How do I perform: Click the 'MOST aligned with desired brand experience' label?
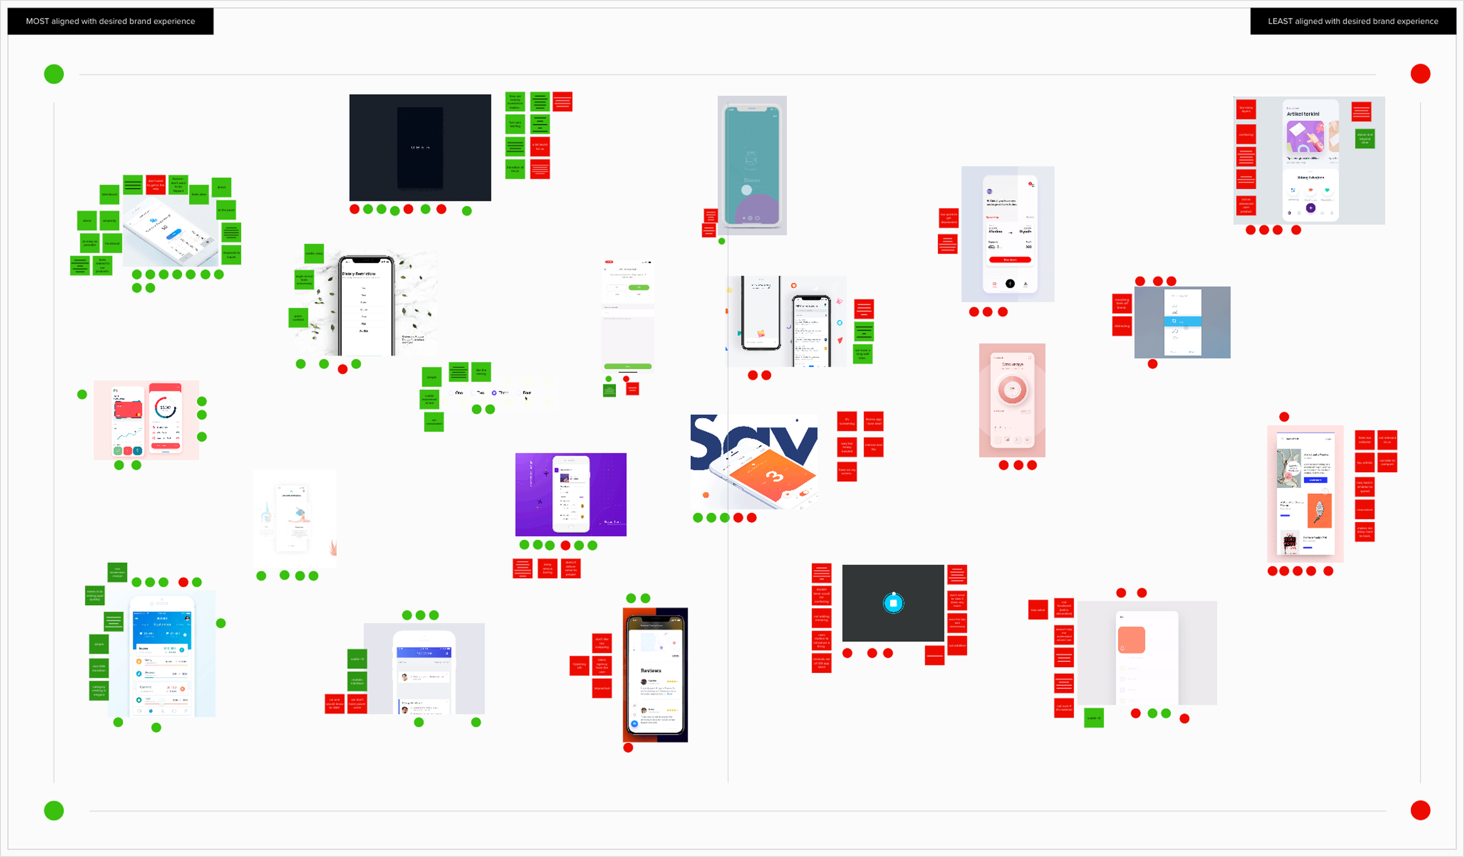click(x=110, y=21)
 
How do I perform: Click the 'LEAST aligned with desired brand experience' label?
click(x=1353, y=21)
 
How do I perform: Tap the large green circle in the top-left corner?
click(x=54, y=74)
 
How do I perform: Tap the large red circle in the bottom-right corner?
click(x=1420, y=810)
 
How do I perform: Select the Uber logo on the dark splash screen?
click(x=420, y=148)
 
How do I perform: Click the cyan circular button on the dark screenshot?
click(x=893, y=603)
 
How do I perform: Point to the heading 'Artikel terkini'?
click(x=1302, y=114)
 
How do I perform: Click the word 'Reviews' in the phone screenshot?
click(x=651, y=671)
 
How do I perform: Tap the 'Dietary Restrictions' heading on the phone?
click(x=358, y=274)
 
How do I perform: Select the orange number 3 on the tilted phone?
click(x=774, y=476)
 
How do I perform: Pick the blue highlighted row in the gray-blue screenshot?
click(x=1182, y=322)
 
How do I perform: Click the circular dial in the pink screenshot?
click(x=1012, y=389)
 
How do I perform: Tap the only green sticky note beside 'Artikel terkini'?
click(x=1364, y=139)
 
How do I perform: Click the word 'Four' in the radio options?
click(x=526, y=393)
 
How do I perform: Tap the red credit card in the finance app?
click(x=129, y=409)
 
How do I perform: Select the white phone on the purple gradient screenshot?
click(x=570, y=494)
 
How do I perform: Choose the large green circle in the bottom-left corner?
click(x=54, y=810)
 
